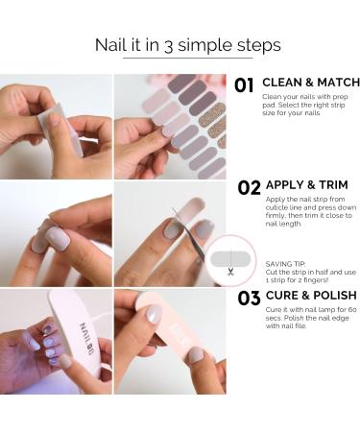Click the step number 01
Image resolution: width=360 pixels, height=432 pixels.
244,84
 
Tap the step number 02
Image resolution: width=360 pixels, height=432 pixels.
249,188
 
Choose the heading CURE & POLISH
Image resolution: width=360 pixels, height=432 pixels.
309,296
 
